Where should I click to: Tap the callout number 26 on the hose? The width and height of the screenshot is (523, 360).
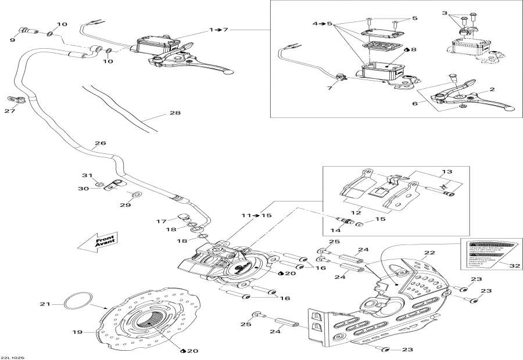[x=100, y=143]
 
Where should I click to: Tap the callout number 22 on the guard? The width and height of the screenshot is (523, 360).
[x=429, y=253]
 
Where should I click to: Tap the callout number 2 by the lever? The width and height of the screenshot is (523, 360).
[x=491, y=89]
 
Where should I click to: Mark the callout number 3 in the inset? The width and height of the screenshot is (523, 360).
[x=461, y=12]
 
